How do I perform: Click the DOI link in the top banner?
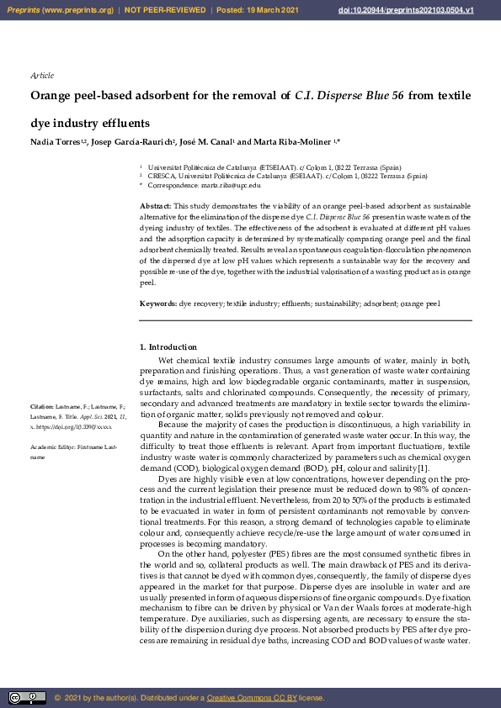tap(429, 10)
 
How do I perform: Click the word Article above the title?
tap(41, 76)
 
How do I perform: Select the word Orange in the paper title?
tap(51, 96)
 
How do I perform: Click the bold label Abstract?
tap(156, 206)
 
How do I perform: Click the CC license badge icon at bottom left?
tap(27, 698)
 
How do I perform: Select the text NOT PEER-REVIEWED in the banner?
tap(165, 10)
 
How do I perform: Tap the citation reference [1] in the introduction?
tap(424, 468)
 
